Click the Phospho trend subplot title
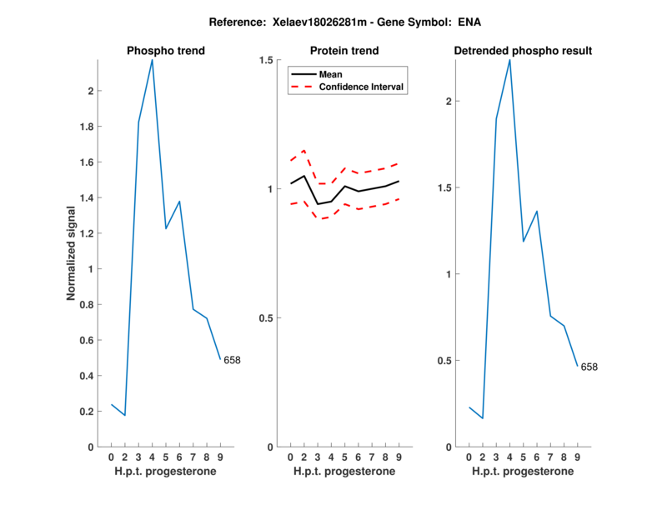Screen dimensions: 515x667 click(165, 51)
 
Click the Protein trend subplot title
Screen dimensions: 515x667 click(344, 51)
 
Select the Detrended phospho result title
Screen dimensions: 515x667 click(523, 51)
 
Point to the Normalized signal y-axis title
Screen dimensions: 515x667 click(74, 253)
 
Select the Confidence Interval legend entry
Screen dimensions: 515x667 click(362, 87)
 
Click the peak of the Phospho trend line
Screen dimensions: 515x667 click(152, 59)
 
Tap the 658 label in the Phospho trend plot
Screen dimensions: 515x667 click(232, 360)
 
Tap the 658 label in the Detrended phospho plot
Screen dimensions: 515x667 click(589, 367)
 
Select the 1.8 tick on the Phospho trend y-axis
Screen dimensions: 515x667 click(87, 127)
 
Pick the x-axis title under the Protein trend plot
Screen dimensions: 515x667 click(344, 472)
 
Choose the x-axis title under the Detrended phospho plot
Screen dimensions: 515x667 click(523, 472)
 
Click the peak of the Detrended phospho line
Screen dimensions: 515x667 click(509, 59)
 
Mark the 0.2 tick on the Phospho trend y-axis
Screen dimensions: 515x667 click(87, 412)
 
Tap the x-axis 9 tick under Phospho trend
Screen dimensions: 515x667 click(219, 457)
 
